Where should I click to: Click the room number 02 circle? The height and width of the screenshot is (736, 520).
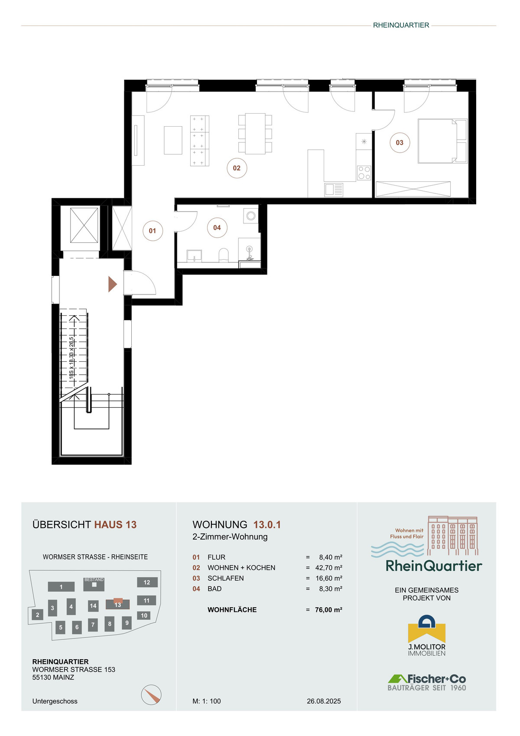tap(237, 168)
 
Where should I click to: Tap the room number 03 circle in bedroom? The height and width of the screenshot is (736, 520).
tap(400, 143)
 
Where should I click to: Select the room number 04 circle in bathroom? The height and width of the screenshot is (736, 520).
tap(217, 227)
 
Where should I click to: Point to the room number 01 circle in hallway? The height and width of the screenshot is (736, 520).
tap(153, 231)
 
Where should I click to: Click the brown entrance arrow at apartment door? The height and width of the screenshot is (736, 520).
tap(112, 284)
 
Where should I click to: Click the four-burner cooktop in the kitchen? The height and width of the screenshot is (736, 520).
tap(364, 173)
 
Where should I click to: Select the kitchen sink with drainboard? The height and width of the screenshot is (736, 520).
tap(334, 190)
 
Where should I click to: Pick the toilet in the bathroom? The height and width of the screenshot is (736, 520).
tap(224, 255)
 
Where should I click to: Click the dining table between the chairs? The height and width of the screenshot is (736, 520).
tap(255, 134)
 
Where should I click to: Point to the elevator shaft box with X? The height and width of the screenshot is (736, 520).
tap(84, 226)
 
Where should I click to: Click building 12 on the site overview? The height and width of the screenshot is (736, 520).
tap(147, 582)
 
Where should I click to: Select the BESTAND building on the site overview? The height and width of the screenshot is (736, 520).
tap(94, 584)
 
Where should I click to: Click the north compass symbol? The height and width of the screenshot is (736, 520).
tap(151, 695)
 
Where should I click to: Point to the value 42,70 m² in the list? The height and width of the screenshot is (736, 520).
tap(328, 567)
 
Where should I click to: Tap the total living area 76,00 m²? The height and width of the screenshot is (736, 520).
tap(328, 609)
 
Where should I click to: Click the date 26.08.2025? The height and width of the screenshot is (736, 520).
tap(324, 701)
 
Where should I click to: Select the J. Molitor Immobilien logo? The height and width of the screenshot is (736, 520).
tap(426, 636)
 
